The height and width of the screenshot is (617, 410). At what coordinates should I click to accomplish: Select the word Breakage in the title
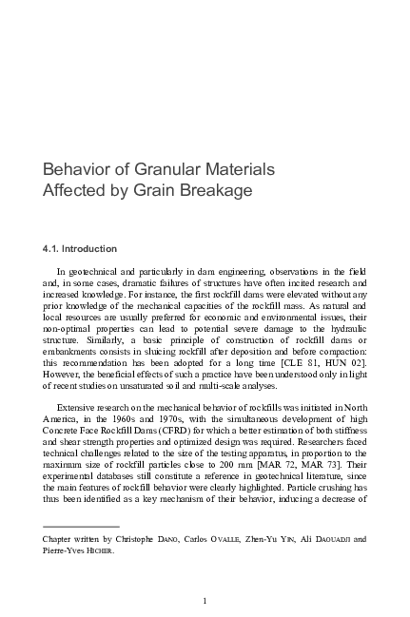(x=217, y=190)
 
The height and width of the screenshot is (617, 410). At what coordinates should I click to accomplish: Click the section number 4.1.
(x=52, y=249)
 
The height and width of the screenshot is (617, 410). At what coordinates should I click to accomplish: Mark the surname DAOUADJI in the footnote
(x=329, y=538)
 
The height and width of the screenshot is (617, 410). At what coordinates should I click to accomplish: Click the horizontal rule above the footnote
(x=81, y=525)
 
